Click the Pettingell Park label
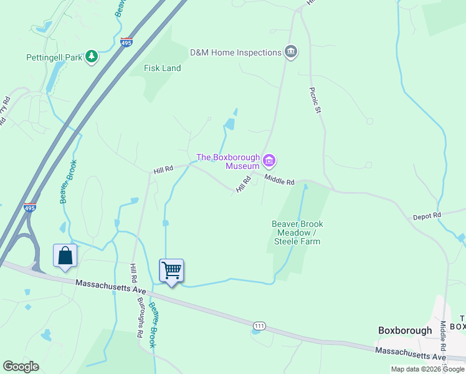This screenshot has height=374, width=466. [54, 57]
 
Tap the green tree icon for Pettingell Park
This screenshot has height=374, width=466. [92, 57]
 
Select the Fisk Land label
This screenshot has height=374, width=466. [162, 68]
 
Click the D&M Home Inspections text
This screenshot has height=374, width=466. [235, 52]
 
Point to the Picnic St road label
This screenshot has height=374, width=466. [315, 100]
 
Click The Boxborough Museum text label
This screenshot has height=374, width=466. [228, 161]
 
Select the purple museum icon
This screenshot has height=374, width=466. [269, 161]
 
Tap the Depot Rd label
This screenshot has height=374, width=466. [427, 216]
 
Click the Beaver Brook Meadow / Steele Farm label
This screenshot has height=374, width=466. [297, 233]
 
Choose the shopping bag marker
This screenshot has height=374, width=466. [65, 256]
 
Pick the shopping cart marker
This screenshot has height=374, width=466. [171, 271]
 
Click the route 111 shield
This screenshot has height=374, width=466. [260, 326]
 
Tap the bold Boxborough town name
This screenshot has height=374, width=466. [405, 330]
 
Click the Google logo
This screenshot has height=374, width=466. [21, 367]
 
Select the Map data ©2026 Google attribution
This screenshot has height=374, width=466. [428, 369]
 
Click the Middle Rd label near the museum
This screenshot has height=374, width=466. [278, 180]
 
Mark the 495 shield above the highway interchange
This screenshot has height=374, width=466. [29, 208]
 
